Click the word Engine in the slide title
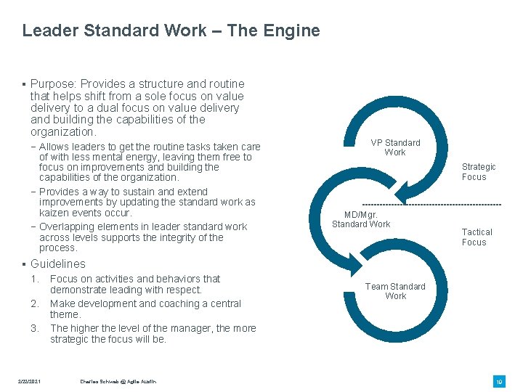[x=293, y=30]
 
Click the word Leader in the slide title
[x=46, y=30]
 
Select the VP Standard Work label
[x=395, y=147]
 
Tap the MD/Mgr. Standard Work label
[x=361, y=219]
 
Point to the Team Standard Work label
[x=395, y=291]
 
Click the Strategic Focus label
[x=479, y=172]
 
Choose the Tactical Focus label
[x=477, y=237]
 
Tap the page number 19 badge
[x=499, y=381]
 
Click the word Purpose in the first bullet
[x=53, y=84]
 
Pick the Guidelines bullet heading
[x=57, y=264]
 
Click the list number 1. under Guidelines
[x=35, y=279]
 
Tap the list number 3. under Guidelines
[x=35, y=329]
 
